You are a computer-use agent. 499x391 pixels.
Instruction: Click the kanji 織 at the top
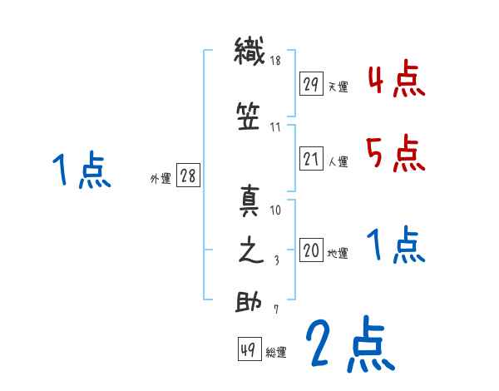point(249,52)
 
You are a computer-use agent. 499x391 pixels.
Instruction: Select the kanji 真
point(249,201)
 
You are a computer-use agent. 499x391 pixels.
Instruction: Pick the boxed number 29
point(310,83)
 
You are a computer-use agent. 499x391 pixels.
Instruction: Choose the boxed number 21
point(310,159)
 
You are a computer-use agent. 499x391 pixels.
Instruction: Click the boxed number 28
point(188,176)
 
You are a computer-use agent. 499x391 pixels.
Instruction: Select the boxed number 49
point(248,351)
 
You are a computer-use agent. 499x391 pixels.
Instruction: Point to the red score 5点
point(397,152)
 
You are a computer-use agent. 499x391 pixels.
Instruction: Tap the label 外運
point(160,178)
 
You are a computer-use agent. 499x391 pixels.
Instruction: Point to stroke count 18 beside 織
point(275,61)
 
